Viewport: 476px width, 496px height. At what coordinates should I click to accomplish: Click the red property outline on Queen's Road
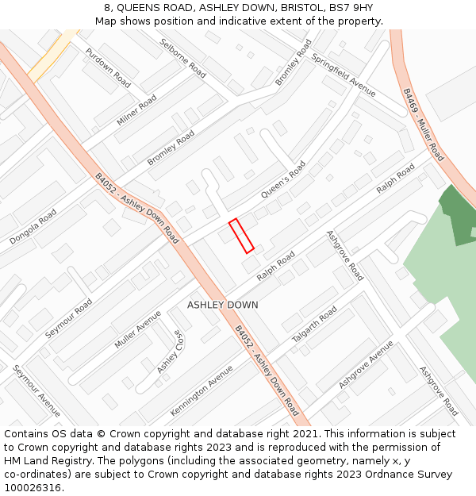[241, 236]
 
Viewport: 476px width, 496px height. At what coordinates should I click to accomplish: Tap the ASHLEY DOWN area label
[223, 305]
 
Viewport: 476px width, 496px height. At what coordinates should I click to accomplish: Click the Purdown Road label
[108, 67]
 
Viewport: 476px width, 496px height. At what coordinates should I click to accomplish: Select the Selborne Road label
[183, 59]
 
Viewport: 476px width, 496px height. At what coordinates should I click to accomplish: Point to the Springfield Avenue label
[344, 75]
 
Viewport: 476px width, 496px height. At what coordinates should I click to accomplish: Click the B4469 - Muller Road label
[423, 125]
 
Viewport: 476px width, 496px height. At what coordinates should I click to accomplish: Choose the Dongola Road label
[33, 226]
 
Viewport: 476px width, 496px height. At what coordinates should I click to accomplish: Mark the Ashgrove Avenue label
[366, 364]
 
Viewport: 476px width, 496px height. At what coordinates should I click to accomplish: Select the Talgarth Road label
[314, 324]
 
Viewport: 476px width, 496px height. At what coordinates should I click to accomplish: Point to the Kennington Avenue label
[202, 390]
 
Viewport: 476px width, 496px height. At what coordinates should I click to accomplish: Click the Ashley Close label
[169, 352]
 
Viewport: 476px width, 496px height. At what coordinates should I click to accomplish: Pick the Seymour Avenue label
[36, 390]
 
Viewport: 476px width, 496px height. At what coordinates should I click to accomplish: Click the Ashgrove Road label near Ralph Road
[345, 256]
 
